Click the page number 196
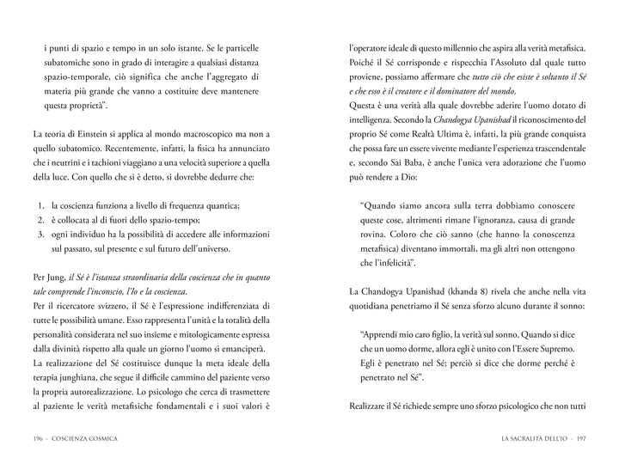(40, 437)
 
